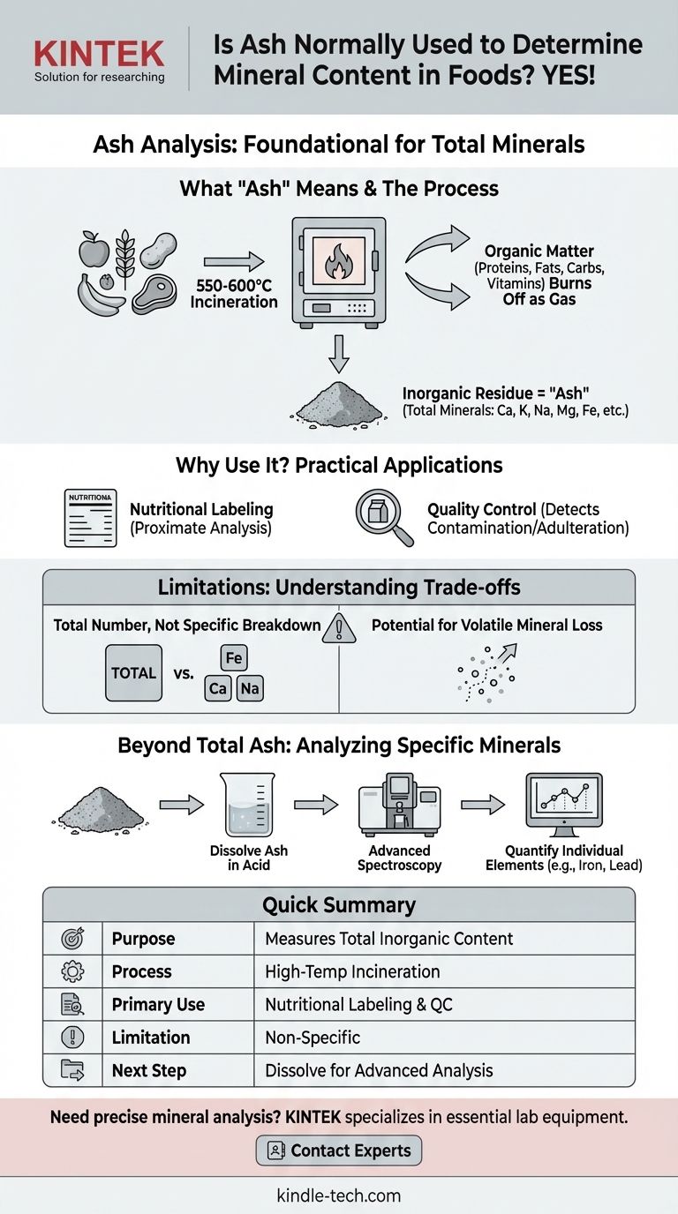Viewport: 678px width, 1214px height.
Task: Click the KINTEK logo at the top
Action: click(x=99, y=55)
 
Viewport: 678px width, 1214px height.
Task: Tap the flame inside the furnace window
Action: click(x=339, y=263)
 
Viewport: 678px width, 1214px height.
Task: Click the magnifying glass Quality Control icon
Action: click(x=383, y=518)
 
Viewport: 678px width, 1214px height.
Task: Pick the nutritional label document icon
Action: click(x=91, y=517)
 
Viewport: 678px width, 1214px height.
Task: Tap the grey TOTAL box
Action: click(x=133, y=672)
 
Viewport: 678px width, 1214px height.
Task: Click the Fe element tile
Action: click(x=234, y=657)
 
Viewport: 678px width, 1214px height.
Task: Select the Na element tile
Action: click(x=250, y=688)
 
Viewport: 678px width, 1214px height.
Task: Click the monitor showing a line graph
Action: click(x=563, y=805)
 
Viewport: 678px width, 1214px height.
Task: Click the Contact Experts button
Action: click(x=339, y=1150)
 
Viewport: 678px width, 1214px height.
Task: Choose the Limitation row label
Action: click(x=150, y=1038)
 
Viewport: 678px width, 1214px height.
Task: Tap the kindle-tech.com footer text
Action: click(x=339, y=1196)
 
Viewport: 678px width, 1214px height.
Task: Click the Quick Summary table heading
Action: click(x=339, y=905)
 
